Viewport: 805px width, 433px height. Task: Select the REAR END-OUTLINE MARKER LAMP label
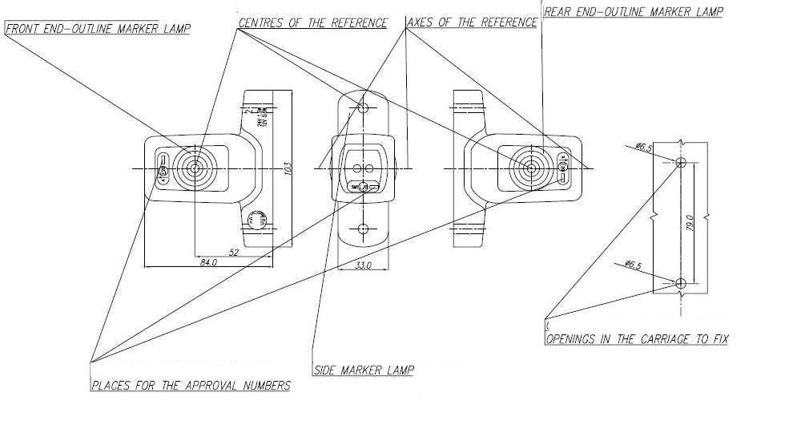633,12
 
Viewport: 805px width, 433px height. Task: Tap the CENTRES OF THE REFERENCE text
312,23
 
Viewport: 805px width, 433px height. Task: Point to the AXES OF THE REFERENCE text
472,23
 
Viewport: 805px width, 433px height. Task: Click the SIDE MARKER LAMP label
363,370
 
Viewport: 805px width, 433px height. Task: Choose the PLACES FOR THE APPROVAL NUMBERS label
191,386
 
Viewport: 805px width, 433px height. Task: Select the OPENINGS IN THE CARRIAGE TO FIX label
637,339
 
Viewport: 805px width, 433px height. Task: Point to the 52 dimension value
233,253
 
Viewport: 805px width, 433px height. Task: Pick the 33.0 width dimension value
363,265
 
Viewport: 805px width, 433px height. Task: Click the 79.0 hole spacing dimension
689,224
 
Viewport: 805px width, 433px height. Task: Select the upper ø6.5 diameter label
642,147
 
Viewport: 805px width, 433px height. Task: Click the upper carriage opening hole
680,163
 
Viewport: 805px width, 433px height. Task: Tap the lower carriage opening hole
680,283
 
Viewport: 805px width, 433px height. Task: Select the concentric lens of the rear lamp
529,168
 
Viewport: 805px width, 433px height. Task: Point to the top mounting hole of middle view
363,107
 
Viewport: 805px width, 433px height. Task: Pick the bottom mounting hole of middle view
363,229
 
